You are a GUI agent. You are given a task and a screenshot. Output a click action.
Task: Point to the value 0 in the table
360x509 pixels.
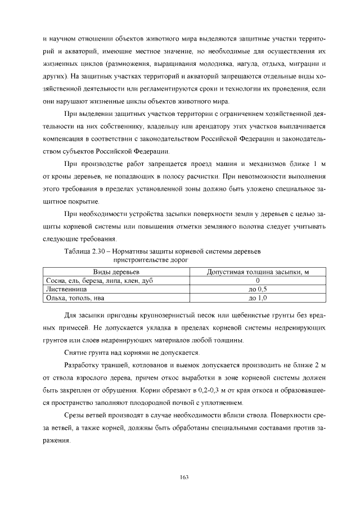257,280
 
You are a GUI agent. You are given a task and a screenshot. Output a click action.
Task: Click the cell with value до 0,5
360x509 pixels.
257,289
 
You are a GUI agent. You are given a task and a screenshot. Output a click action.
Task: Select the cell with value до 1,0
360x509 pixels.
257,297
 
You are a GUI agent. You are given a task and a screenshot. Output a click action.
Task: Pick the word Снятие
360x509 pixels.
76,353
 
